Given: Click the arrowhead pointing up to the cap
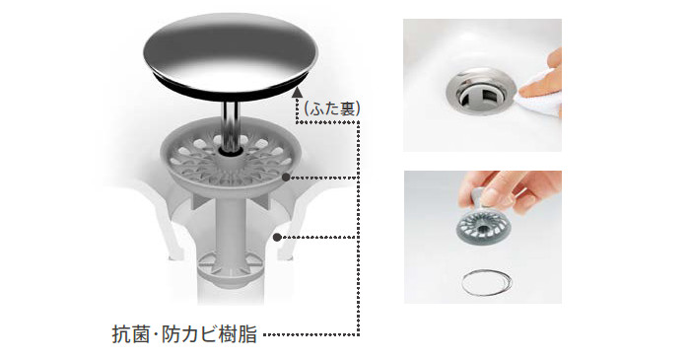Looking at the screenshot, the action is pyautogui.click(x=298, y=92).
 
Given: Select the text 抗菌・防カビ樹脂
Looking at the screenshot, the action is pyautogui.click(x=185, y=335).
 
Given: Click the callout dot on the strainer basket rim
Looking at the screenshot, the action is pyautogui.click(x=286, y=178).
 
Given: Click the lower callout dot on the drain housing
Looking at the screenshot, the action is pyautogui.click(x=277, y=238).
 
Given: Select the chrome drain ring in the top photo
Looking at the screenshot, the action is pyautogui.click(x=480, y=91).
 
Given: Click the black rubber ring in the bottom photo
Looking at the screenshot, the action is pyautogui.click(x=487, y=282).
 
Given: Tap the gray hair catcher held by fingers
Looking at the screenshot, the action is pyautogui.click(x=483, y=225).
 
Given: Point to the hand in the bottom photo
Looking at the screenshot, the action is pyautogui.click(x=511, y=189).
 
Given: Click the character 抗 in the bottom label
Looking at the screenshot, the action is pyautogui.click(x=121, y=335).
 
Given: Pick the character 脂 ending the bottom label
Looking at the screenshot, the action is pyautogui.click(x=248, y=335).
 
